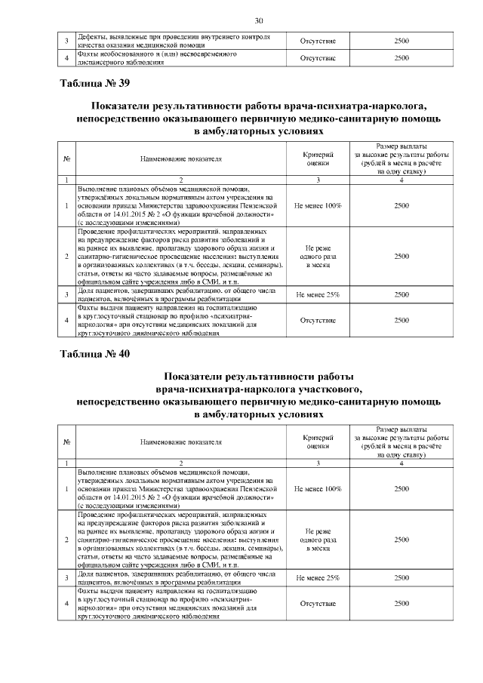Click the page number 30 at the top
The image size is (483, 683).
258,20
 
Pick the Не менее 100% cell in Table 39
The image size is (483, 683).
318,205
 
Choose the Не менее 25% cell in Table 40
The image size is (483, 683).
318,577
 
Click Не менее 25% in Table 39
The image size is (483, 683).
318,295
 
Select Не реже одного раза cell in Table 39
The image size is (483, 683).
318,257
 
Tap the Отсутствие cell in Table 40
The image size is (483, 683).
318,605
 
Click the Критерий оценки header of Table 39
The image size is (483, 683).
318,159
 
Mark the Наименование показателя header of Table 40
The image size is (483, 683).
181,441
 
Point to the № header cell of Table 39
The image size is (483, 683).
67,159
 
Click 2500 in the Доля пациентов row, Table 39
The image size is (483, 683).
401,295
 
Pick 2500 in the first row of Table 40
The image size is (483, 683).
401,488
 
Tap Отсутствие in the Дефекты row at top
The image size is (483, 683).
318,41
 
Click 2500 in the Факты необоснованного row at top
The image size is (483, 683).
401,57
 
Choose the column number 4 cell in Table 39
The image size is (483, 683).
401,180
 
